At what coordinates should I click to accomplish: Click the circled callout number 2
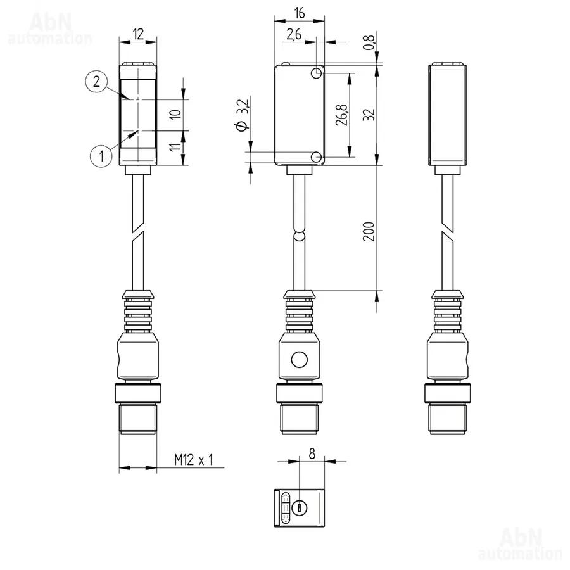(x=96, y=82)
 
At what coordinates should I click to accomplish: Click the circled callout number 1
(x=101, y=156)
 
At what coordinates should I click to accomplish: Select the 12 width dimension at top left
(x=138, y=34)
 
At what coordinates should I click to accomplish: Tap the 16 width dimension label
(x=299, y=13)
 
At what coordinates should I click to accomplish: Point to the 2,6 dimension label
(x=294, y=34)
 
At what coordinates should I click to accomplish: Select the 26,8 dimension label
(x=342, y=115)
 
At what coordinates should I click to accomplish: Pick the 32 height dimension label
(x=369, y=115)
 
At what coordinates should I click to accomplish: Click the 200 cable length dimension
(x=369, y=231)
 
